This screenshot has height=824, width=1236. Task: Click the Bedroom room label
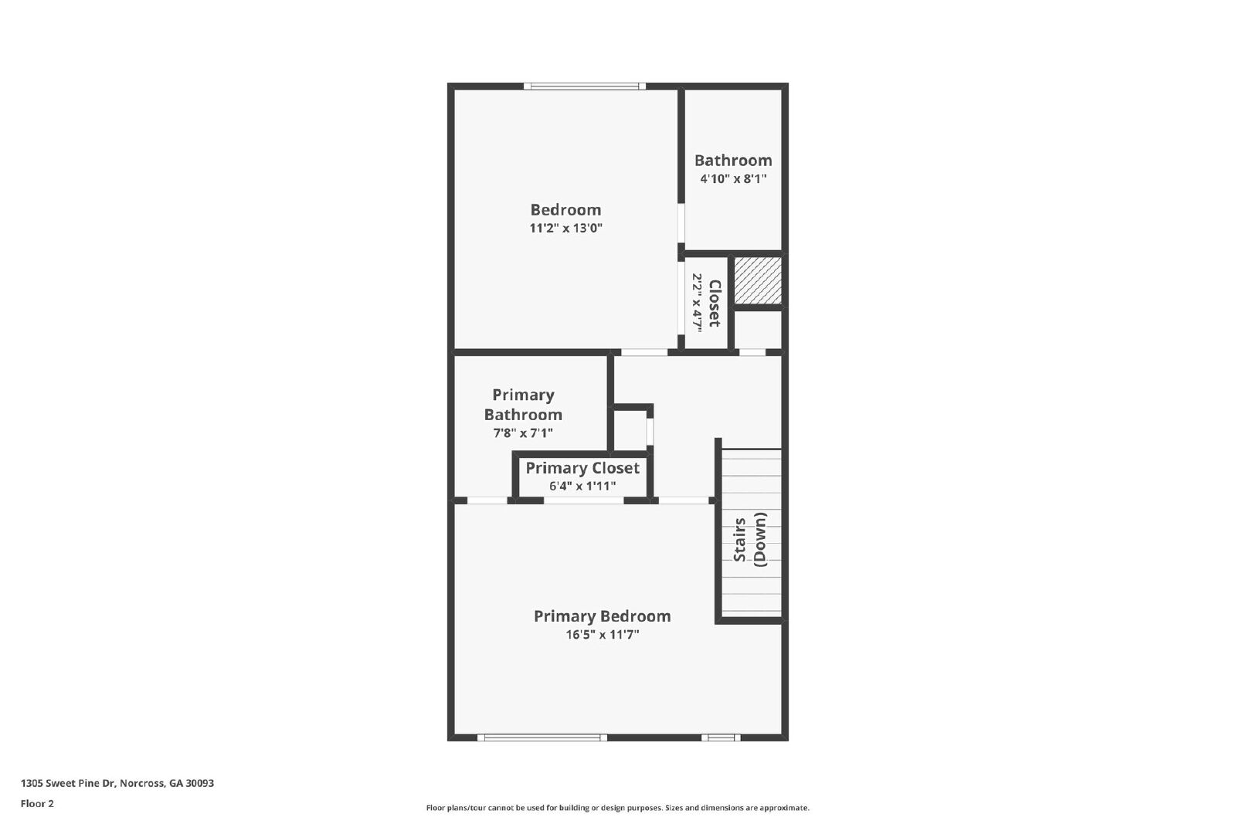pyautogui.click(x=565, y=209)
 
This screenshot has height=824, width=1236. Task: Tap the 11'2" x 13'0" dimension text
pyautogui.click(x=565, y=229)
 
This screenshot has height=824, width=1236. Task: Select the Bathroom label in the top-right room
pyautogui.click(x=732, y=161)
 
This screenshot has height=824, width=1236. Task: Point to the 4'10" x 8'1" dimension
pyautogui.click(x=733, y=179)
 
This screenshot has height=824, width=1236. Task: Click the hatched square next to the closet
pyautogui.click(x=757, y=280)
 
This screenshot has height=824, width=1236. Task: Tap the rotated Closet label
pyautogui.click(x=715, y=303)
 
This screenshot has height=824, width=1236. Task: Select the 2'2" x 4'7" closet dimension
pyautogui.click(x=697, y=303)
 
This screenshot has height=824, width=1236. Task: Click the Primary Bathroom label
pyautogui.click(x=523, y=405)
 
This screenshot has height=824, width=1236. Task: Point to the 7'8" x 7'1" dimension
pyautogui.click(x=523, y=433)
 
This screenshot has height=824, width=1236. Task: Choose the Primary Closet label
pyautogui.click(x=582, y=468)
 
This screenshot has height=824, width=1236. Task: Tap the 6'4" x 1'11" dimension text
pyautogui.click(x=582, y=487)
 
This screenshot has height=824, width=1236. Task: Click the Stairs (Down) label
pyautogui.click(x=749, y=539)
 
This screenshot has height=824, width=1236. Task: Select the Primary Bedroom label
pyautogui.click(x=602, y=616)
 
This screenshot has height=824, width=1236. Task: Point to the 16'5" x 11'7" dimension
pyautogui.click(x=603, y=635)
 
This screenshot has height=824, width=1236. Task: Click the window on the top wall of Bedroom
pyautogui.click(x=585, y=86)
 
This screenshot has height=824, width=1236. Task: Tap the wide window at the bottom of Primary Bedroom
pyautogui.click(x=542, y=738)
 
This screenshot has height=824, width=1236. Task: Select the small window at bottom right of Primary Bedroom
pyautogui.click(x=721, y=738)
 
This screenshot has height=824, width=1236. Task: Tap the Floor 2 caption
pyautogui.click(x=37, y=804)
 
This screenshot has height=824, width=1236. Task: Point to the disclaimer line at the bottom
pyautogui.click(x=617, y=808)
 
